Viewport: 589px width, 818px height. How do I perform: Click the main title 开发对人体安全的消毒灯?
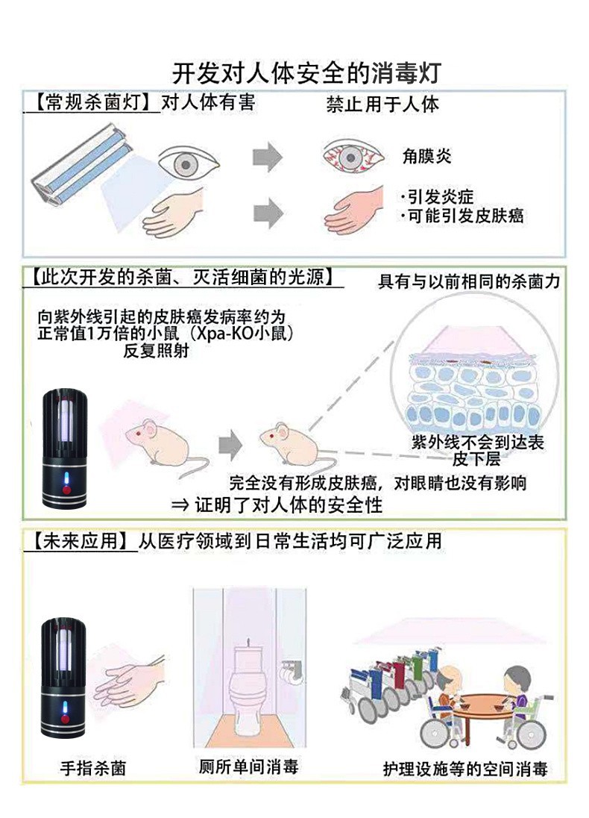click(307, 74)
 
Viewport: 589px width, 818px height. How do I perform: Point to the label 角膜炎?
click(427, 156)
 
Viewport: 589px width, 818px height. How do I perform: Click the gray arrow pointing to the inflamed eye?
click(268, 157)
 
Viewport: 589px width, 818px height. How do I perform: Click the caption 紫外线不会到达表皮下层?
click(478, 449)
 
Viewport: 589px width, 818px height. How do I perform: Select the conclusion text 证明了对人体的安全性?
click(288, 505)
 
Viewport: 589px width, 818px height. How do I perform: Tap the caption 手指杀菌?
click(93, 767)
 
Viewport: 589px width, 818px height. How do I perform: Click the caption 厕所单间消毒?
click(249, 766)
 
